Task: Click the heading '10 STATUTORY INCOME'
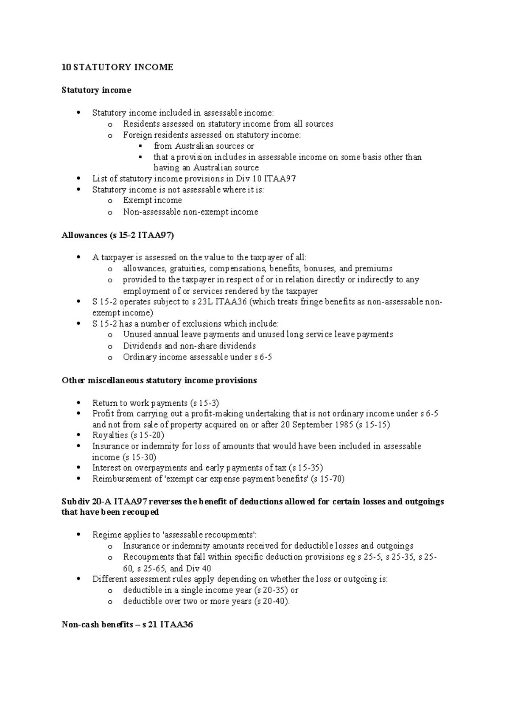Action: coord(117,67)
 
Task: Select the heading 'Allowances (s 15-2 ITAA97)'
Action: coord(117,236)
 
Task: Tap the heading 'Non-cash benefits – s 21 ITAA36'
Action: coord(128,624)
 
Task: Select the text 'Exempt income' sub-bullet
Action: coord(152,200)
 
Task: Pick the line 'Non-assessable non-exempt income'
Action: coord(190,212)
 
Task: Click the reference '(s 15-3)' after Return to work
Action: coord(204,403)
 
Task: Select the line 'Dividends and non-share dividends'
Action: coord(189,346)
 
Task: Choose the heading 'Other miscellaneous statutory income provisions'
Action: coord(159,380)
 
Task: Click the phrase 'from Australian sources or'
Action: coord(204,146)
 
